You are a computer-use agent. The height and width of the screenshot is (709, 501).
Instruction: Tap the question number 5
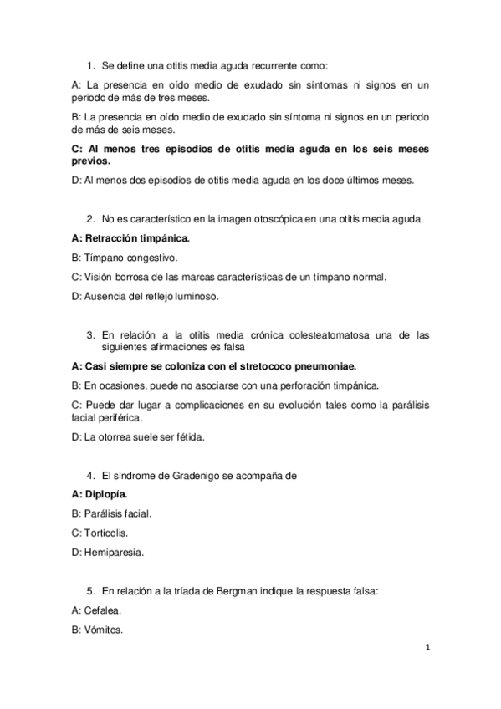[90, 591]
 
